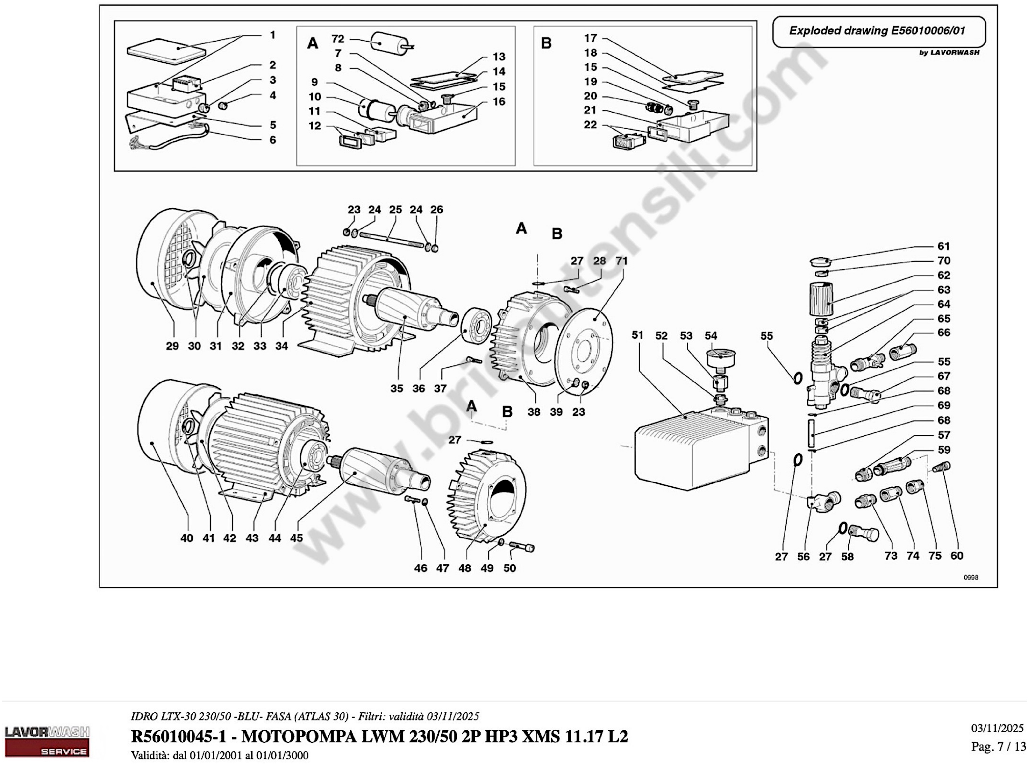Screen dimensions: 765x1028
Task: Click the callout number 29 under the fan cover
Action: coord(172,346)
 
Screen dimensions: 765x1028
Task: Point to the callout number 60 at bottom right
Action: coord(957,556)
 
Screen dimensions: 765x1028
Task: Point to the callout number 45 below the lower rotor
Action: coord(296,538)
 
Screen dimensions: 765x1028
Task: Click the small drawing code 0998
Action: coord(971,577)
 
